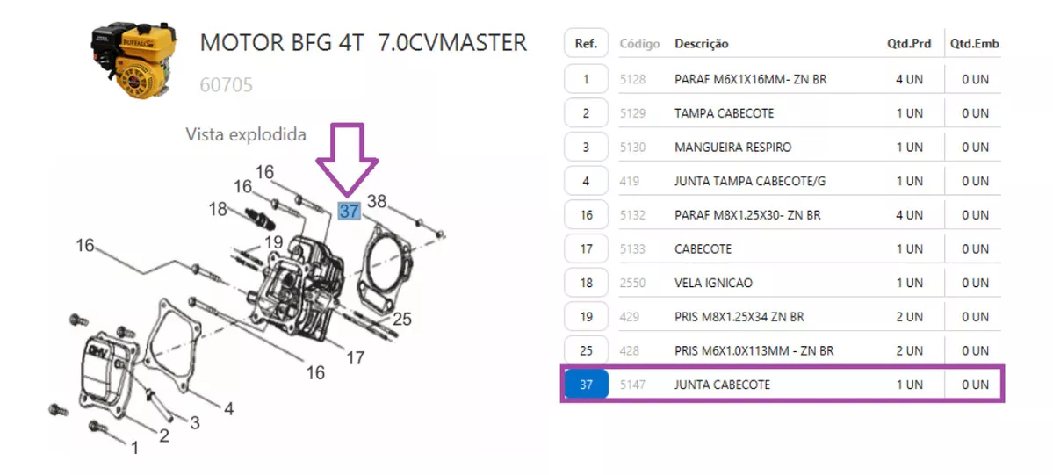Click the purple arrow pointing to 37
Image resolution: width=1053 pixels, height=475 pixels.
[x=348, y=162]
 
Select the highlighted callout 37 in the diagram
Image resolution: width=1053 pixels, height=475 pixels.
[x=349, y=211]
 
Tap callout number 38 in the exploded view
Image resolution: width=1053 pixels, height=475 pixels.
[x=377, y=201]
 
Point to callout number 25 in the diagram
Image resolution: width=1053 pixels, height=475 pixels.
[x=402, y=319]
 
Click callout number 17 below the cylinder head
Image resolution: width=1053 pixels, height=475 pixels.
[x=355, y=357]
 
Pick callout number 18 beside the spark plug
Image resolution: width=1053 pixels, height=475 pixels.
[x=218, y=209]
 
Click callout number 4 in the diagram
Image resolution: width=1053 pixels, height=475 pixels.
[x=228, y=408]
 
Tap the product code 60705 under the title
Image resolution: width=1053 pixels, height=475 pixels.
[x=227, y=85]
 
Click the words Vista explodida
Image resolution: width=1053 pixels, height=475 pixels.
[x=246, y=134]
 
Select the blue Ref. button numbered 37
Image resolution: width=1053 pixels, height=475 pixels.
[x=586, y=385]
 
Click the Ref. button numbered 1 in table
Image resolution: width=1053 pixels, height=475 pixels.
[x=586, y=80]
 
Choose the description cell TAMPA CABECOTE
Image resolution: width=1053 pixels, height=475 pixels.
[x=724, y=113]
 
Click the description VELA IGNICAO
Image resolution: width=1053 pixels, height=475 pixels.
[x=713, y=283]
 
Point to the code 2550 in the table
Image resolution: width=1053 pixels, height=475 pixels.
[x=632, y=283]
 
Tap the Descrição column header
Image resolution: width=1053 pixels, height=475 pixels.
[x=701, y=44]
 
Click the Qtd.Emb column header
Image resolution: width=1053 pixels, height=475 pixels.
[x=974, y=44]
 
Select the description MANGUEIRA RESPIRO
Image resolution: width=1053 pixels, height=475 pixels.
[x=732, y=148]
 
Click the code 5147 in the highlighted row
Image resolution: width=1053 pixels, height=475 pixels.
[x=632, y=385]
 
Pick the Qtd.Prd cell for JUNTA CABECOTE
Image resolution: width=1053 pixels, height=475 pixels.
[x=909, y=385]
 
